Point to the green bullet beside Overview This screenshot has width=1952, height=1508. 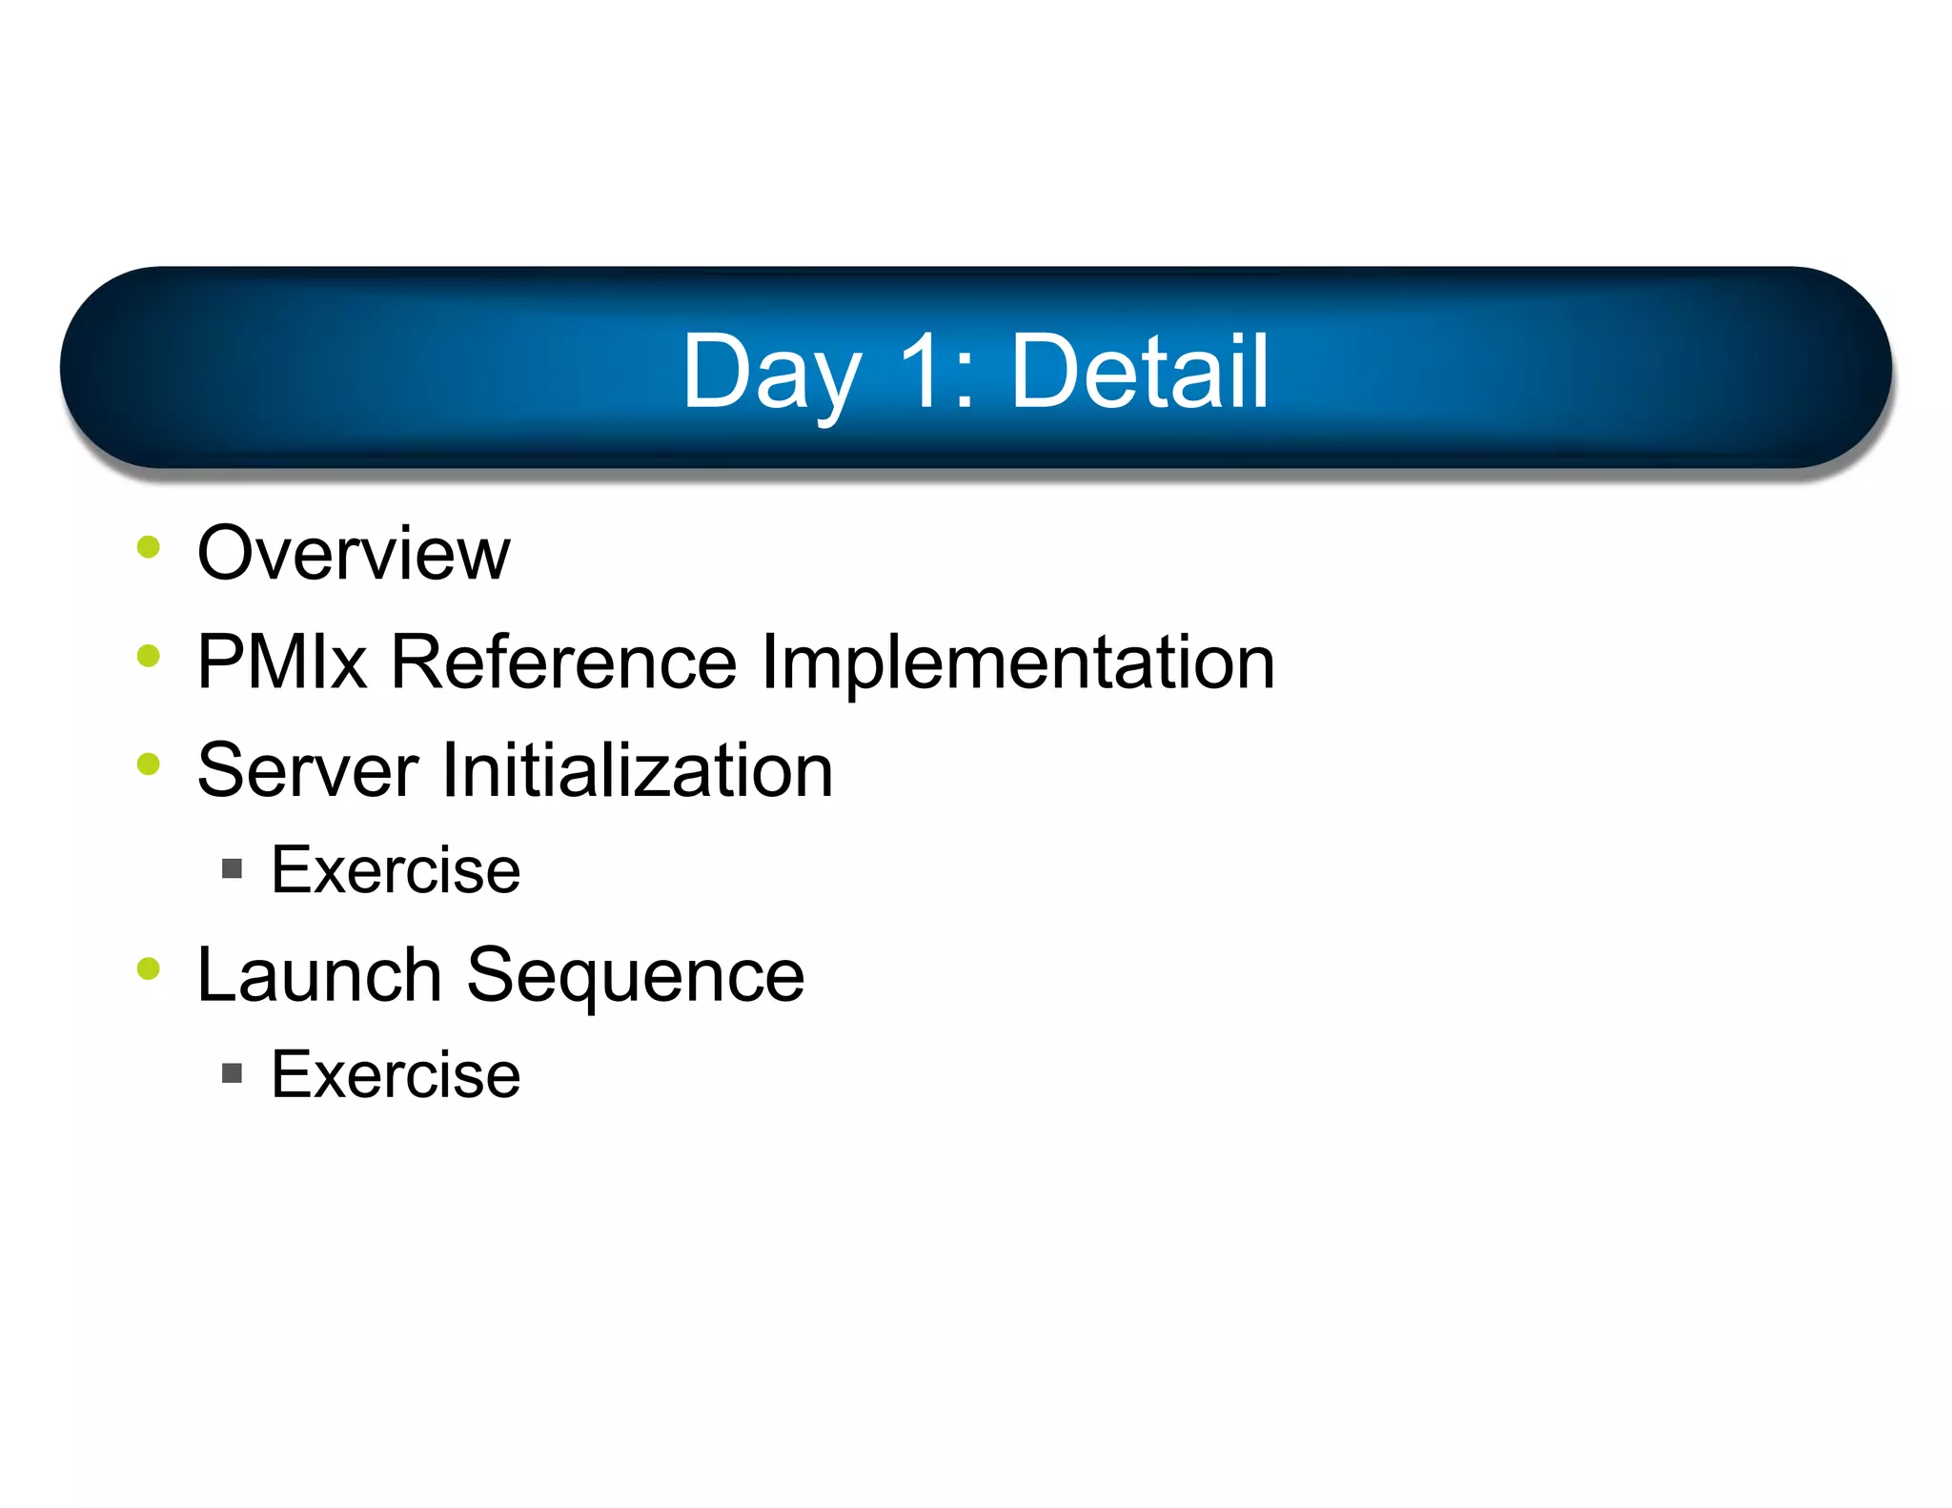click(149, 547)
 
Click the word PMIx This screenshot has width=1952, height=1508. click(282, 662)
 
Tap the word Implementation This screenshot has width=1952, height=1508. click(1017, 662)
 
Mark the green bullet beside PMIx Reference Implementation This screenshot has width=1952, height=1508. click(149, 656)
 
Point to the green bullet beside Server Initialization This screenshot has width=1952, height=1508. click(149, 764)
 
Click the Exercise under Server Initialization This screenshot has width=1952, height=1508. click(396, 870)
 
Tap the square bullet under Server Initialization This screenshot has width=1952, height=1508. click(232, 868)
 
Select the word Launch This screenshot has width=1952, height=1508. click(319, 974)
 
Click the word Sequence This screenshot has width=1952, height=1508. click(635, 974)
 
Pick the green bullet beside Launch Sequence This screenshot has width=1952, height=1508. click(149, 968)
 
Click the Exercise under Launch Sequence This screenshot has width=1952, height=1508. click(396, 1075)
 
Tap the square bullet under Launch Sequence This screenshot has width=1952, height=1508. click(232, 1074)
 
